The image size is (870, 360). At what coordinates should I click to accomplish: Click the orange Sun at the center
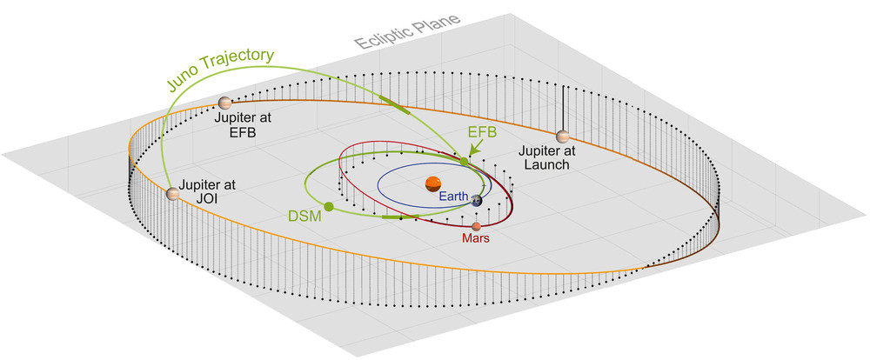[432, 183]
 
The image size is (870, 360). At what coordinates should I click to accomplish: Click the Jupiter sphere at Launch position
[563, 137]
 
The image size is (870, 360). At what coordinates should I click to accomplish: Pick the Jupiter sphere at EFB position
[225, 103]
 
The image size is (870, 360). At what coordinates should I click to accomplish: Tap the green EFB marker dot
[464, 161]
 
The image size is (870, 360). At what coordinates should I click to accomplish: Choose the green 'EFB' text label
[484, 132]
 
